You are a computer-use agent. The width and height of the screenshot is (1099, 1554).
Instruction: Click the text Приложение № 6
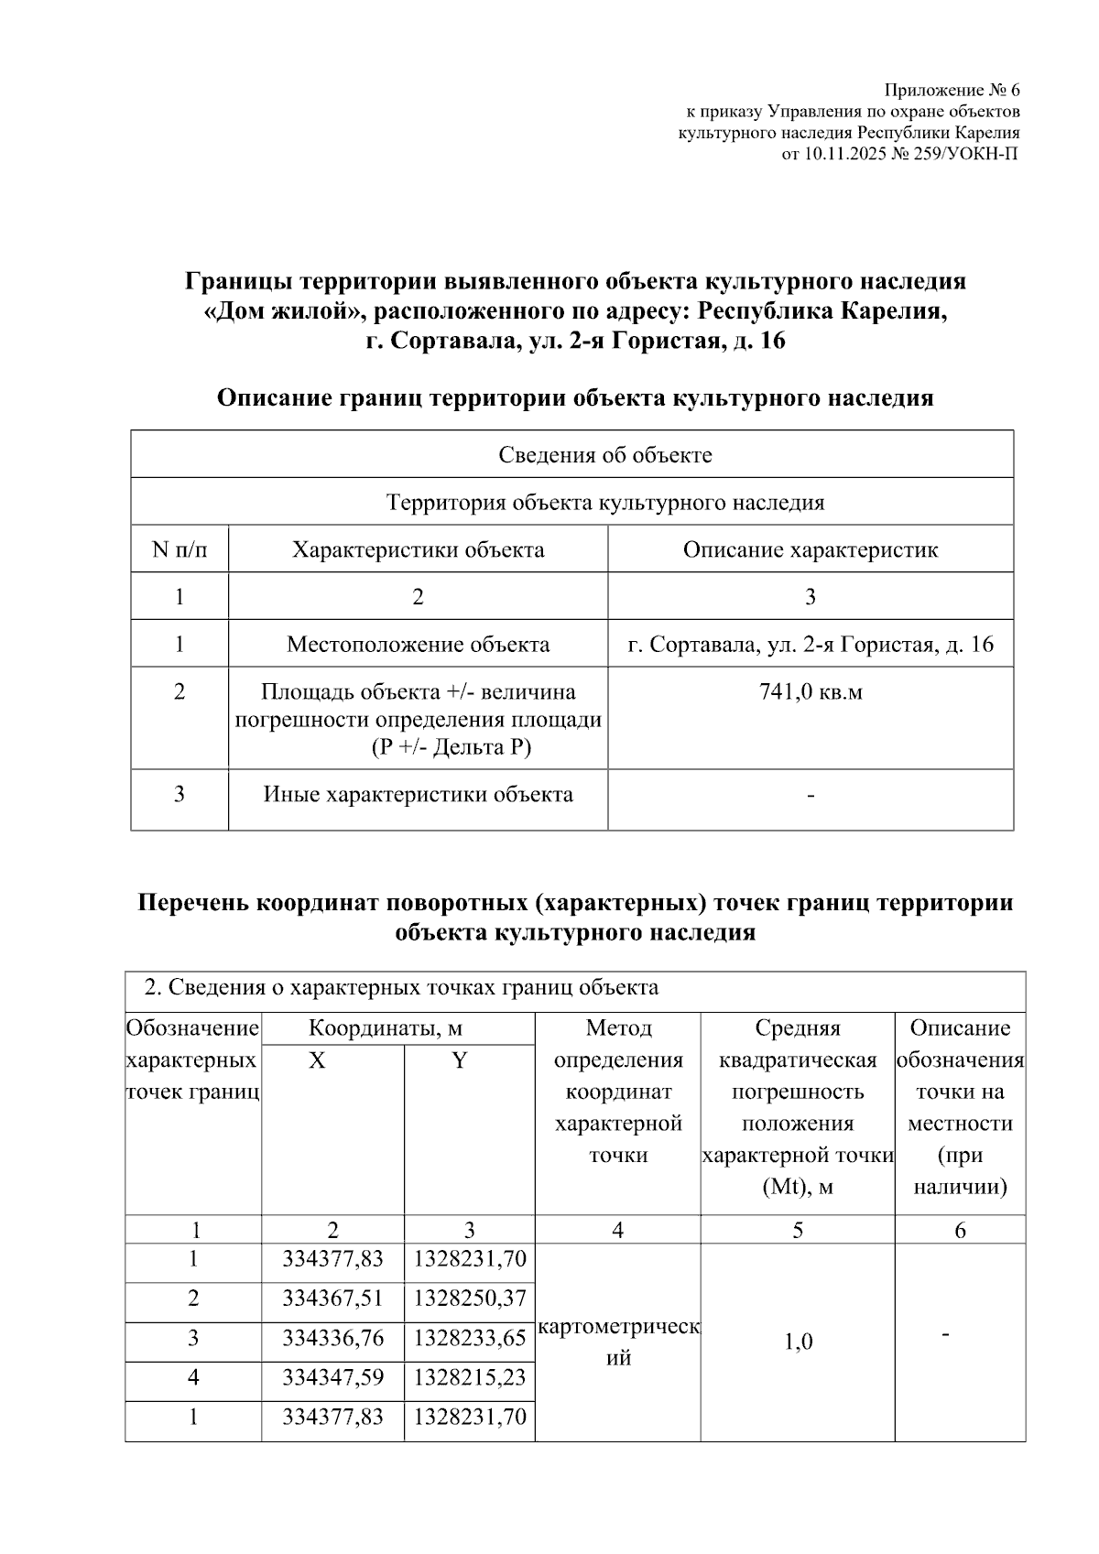click(952, 91)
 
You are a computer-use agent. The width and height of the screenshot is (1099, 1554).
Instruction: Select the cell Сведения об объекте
click(604, 455)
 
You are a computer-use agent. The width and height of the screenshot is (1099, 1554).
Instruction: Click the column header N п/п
click(180, 550)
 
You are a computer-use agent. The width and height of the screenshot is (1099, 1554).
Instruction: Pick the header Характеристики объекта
click(418, 550)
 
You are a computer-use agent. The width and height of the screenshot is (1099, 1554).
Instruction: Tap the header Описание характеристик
click(810, 550)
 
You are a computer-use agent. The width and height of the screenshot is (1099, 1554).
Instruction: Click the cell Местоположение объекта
click(418, 645)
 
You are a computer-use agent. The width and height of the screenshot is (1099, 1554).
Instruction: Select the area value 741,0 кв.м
click(810, 692)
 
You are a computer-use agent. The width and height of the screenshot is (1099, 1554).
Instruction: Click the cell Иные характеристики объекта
click(418, 795)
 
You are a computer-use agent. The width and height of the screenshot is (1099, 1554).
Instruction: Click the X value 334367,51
click(332, 1299)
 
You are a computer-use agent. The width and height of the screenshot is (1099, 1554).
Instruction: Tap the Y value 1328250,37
click(470, 1299)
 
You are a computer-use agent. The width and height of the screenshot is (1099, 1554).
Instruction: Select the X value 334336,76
click(332, 1339)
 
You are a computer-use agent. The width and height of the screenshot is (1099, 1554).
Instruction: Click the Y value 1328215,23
click(470, 1378)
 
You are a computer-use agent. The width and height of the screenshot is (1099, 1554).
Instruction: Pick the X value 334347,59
click(332, 1378)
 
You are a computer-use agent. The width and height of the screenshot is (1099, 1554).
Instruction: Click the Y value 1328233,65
click(470, 1339)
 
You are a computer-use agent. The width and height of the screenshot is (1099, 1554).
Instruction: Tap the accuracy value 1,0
click(798, 1343)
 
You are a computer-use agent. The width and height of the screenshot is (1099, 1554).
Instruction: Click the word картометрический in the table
click(618, 1329)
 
